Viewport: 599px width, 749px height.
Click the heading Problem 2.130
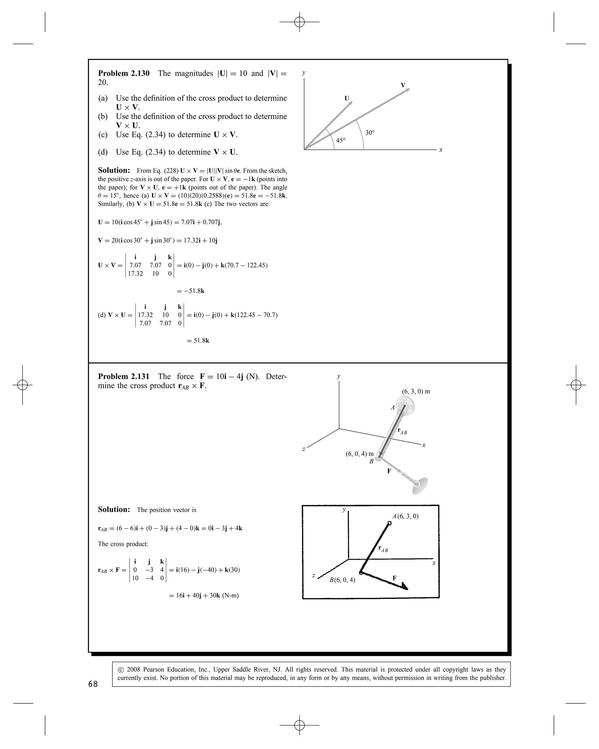point(124,73)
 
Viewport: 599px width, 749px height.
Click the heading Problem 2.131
point(124,377)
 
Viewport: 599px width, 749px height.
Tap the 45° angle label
point(341,140)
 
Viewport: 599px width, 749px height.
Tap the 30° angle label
point(370,133)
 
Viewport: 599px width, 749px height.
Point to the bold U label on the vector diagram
point(347,98)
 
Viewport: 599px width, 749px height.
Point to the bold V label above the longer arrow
point(403,85)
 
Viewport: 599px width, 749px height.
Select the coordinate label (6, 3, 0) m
point(416,391)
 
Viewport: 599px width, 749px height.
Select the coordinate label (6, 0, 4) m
point(359,454)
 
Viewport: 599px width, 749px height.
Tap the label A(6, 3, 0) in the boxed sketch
point(405,516)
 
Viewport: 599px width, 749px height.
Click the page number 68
point(93,684)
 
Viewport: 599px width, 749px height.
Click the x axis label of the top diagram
point(441,150)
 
